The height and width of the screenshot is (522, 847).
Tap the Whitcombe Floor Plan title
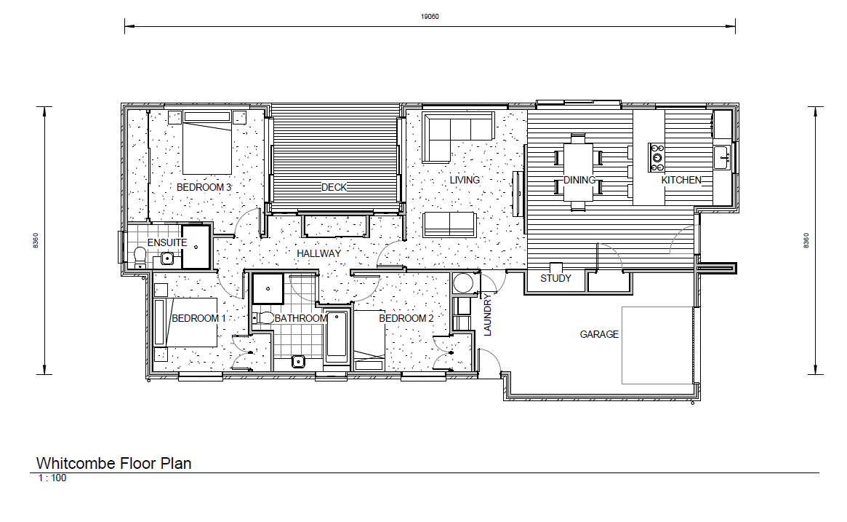[114, 463]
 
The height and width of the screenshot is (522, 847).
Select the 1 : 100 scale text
[52, 478]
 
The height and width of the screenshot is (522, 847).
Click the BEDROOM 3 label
[204, 187]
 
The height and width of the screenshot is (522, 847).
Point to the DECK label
[334, 187]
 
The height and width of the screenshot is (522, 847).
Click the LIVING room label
[465, 180]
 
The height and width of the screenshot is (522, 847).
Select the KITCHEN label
[681, 180]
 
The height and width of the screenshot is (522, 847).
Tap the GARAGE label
[599, 334]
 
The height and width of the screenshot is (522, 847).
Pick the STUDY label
[555, 278]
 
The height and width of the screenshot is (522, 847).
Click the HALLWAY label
[318, 253]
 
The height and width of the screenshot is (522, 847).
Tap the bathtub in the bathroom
[336, 336]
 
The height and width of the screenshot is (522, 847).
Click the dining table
[579, 173]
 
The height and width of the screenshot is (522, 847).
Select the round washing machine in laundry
[462, 282]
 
